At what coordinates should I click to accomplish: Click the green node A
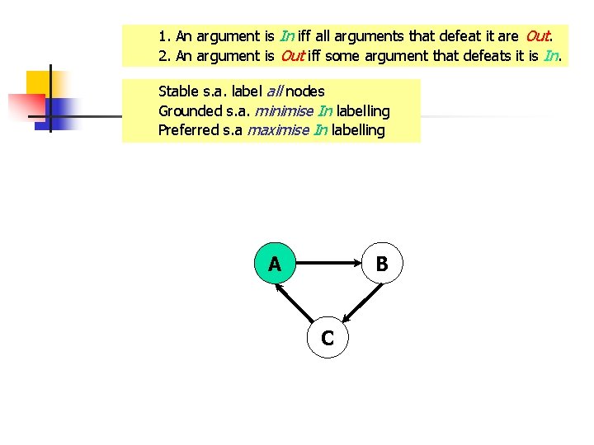275,264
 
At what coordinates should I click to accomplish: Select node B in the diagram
382,264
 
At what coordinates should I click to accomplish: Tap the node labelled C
328,337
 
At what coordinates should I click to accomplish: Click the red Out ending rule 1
537,36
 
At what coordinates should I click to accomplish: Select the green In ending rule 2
551,56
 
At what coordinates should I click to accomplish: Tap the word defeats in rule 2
488,56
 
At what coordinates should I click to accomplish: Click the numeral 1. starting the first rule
164,36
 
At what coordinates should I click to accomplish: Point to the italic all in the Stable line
276,91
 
